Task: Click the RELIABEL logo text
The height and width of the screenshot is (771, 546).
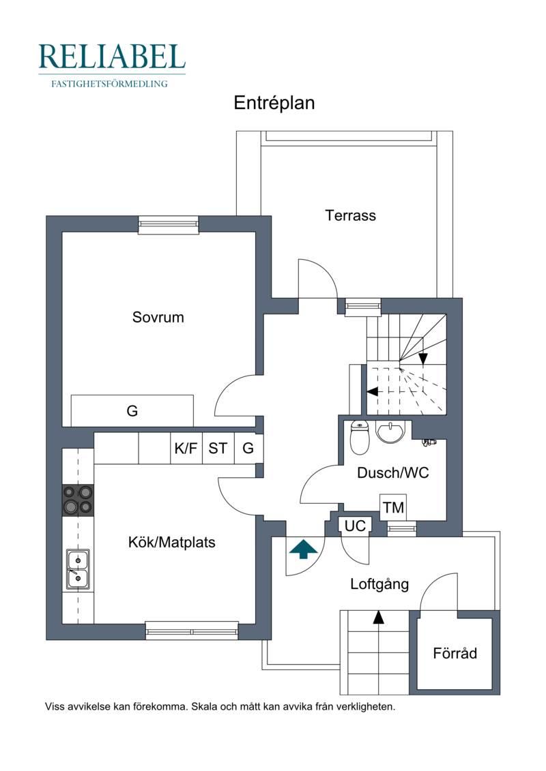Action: [x=112, y=57]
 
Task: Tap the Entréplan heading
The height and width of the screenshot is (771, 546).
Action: [x=274, y=103]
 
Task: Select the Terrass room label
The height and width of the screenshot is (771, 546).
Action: [x=351, y=215]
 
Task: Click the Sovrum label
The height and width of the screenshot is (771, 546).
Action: [x=158, y=317]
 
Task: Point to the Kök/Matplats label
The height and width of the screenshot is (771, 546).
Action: [x=172, y=543]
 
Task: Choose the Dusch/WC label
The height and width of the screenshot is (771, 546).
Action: [x=393, y=473]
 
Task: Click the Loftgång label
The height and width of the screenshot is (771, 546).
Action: [x=379, y=585]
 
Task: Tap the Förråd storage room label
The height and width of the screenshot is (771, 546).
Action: [x=455, y=653]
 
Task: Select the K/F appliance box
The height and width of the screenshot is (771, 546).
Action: [x=186, y=448]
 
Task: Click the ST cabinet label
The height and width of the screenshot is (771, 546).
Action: [x=218, y=448]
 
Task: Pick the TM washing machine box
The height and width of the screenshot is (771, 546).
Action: [x=393, y=507]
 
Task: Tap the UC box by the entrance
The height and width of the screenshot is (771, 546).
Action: [x=355, y=526]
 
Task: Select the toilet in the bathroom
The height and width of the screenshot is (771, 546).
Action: [x=360, y=437]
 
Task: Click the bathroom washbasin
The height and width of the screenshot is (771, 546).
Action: [x=390, y=432]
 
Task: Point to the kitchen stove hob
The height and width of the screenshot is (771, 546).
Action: [x=78, y=500]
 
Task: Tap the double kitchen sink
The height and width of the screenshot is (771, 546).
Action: [x=78, y=569]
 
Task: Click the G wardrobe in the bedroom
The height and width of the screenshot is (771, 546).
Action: [x=132, y=410]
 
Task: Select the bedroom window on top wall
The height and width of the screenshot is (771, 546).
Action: [x=169, y=226]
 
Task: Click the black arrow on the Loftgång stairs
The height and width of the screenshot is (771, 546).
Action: [x=378, y=617]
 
